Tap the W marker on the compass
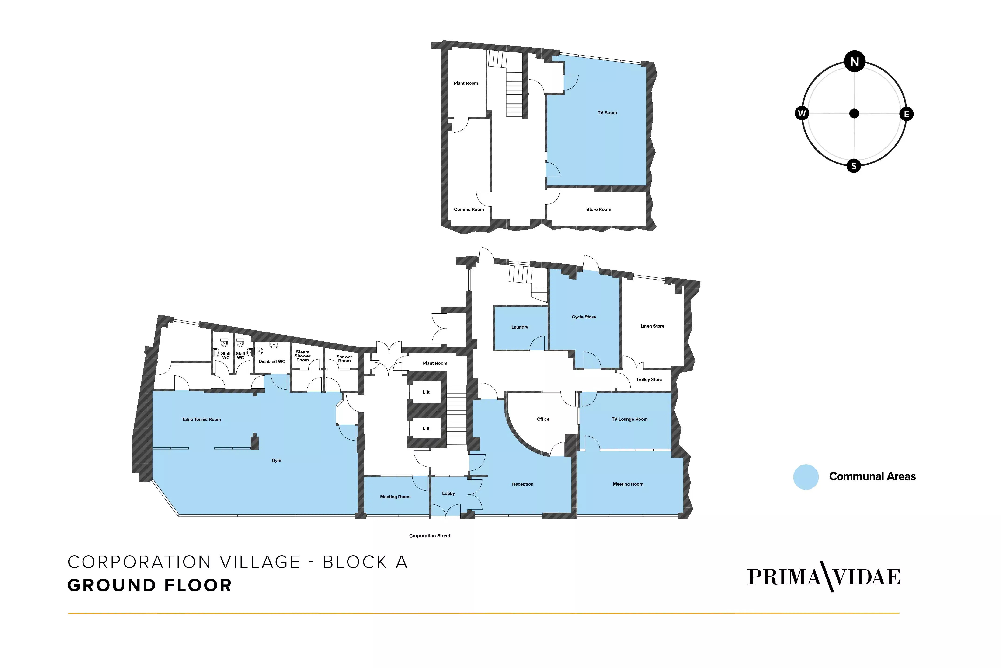802,113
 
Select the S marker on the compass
853,166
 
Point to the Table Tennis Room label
202,420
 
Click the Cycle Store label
584,317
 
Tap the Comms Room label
469,210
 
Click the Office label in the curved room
543,419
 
